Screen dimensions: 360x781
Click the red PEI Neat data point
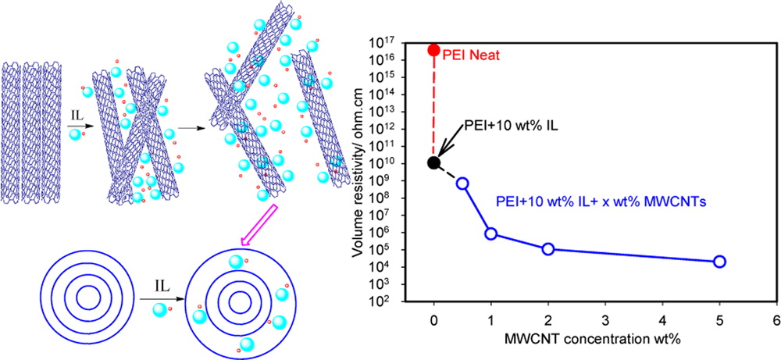coord(433,50)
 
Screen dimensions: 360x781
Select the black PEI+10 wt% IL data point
coord(433,162)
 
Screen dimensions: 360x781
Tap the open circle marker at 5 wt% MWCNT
coord(719,262)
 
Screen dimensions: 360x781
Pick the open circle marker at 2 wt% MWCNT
coord(548,249)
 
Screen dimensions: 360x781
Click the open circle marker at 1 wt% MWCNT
coord(491,233)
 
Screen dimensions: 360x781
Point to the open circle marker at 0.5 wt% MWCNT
coord(462,184)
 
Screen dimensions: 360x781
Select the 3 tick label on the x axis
coord(605,321)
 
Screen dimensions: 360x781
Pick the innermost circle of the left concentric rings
coord(87,298)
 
